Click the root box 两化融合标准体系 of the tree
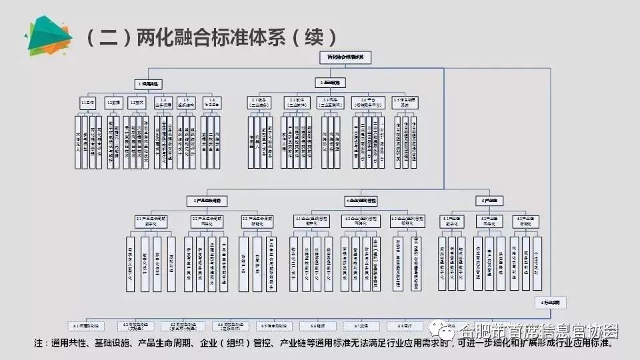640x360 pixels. pyautogui.click(x=345, y=58)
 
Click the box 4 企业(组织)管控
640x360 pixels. pyautogui.click(x=366, y=199)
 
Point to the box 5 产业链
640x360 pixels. pyautogui.click(x=490, y=199)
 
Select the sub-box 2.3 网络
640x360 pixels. pyautogui.click(x=331, y=101)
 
